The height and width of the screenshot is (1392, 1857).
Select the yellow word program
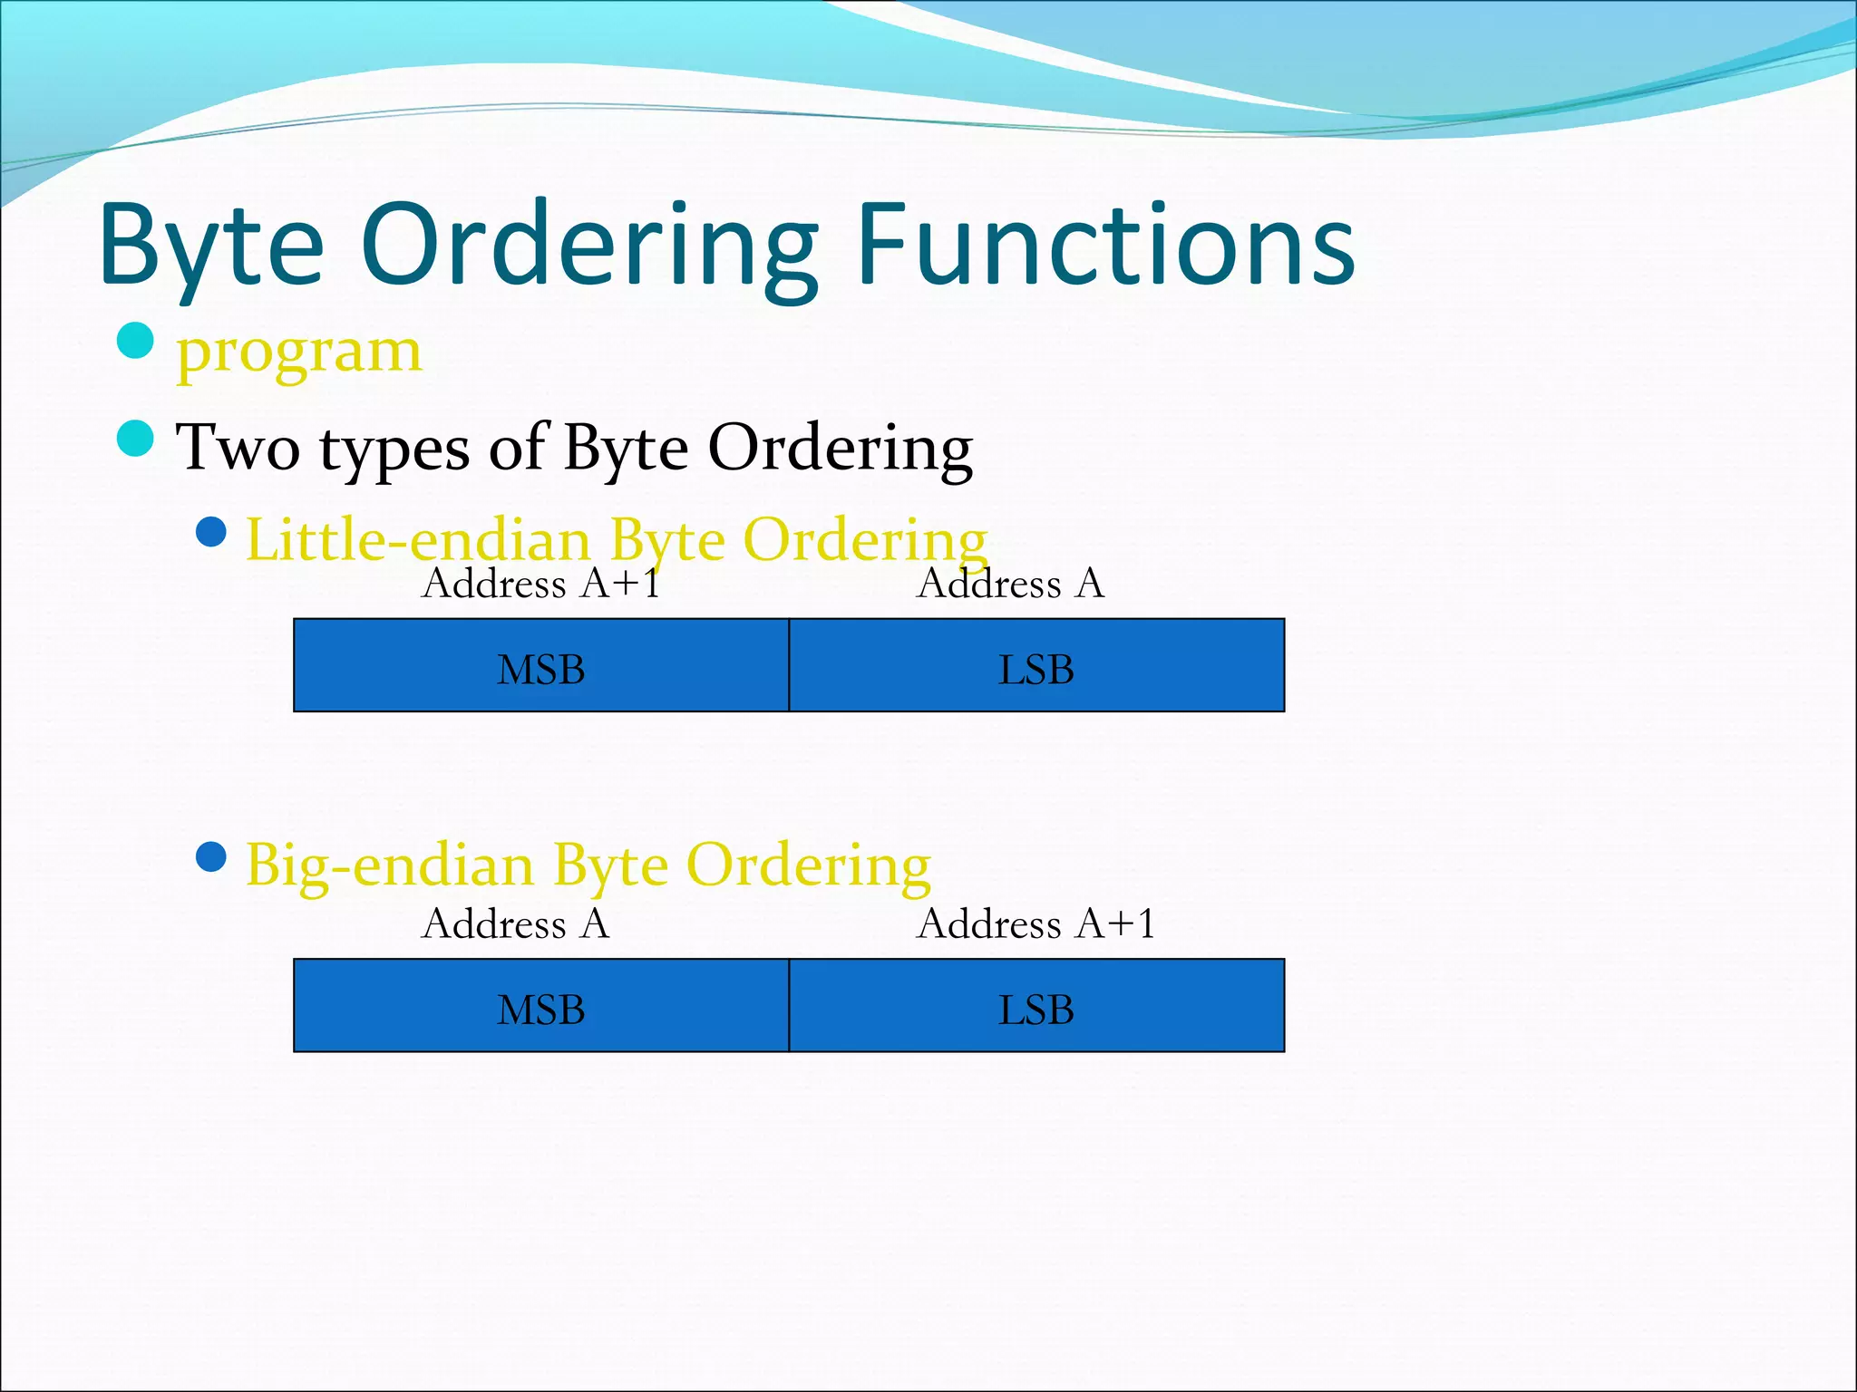[299, 352]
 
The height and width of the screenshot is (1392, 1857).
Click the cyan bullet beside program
[136, 341]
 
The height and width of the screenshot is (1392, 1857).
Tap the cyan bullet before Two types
[136, 439]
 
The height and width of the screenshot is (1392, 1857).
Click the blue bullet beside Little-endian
[211, 532]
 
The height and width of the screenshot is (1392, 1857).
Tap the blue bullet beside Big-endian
[211, 855]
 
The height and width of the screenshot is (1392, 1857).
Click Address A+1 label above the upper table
[540, 583]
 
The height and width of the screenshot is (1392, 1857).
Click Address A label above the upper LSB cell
[1010, 583]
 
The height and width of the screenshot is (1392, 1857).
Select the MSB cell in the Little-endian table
[541, 666]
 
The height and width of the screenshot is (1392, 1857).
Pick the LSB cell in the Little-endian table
[1036, 666]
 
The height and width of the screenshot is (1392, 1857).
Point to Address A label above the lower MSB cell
[515, 923]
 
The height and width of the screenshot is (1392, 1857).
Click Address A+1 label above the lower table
[1035, 923]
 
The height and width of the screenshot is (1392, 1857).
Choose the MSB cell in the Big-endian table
[541, 1006]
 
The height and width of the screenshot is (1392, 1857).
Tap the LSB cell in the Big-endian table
[1036, 1006]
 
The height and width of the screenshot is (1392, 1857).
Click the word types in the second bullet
[394, 449]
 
